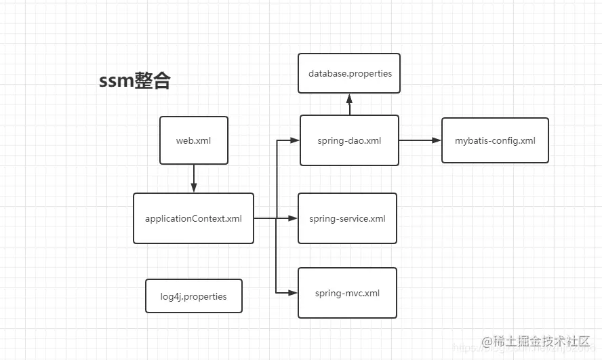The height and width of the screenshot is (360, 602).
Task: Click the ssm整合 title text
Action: (135, 81)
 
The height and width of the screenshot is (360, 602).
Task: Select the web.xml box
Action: (194, 140)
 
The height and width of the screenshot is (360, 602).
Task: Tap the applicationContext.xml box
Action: (193, 218)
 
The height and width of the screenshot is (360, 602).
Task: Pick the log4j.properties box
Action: (194, 296)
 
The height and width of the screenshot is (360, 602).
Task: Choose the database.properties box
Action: (349, 73)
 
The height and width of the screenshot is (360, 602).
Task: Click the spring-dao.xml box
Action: (349, 140)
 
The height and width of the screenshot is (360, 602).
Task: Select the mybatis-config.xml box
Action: (495, 140)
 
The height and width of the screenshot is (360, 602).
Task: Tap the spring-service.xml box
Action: (347, 218)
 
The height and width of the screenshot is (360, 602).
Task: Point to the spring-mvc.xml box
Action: (347, 293)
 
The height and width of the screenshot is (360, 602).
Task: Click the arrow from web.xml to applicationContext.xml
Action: (194, 178)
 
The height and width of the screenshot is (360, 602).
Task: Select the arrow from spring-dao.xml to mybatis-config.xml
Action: (420, 140)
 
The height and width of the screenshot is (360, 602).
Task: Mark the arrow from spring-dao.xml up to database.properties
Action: (349, 104)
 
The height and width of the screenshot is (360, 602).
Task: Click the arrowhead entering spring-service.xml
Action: (294, 218)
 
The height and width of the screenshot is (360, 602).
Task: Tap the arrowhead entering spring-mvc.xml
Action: (294, 293)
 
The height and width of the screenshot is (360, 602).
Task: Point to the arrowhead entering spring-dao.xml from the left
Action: (295, 140)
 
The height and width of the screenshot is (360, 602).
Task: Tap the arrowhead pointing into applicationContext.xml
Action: (194, 188)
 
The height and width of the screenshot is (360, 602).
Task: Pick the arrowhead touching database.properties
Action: (349, 98)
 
